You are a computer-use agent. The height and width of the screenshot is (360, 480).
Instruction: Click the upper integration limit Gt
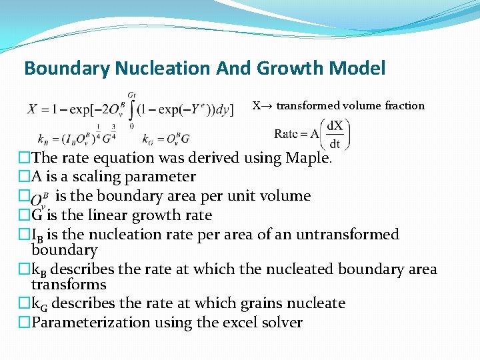coord(131,95)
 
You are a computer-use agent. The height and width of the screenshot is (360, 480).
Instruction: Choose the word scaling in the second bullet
coord(108,177)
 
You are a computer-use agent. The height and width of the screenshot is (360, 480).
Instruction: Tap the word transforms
coord(69,285)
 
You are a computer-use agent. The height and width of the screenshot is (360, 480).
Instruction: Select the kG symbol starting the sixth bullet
coord(40,304)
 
